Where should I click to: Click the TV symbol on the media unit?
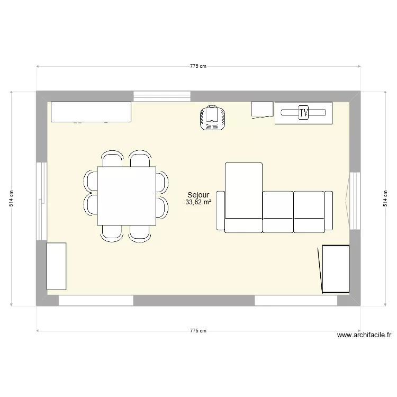[303, 112]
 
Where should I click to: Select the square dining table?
[127, 195]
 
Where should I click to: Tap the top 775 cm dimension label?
[198, 66]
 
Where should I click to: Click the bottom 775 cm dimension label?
[198, 331]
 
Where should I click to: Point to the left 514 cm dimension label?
[11, 198]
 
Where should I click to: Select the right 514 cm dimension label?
[385, 198]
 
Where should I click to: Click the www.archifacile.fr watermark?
[364, 335]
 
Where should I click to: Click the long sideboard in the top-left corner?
[90, 112]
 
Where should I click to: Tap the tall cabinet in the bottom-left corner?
[57, 266]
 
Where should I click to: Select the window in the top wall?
[161, 96]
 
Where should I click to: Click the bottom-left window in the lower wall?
[96, 300]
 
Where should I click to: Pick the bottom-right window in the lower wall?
[296, 300]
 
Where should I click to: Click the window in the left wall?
[41, 200]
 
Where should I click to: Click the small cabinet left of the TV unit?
[261, 109]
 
